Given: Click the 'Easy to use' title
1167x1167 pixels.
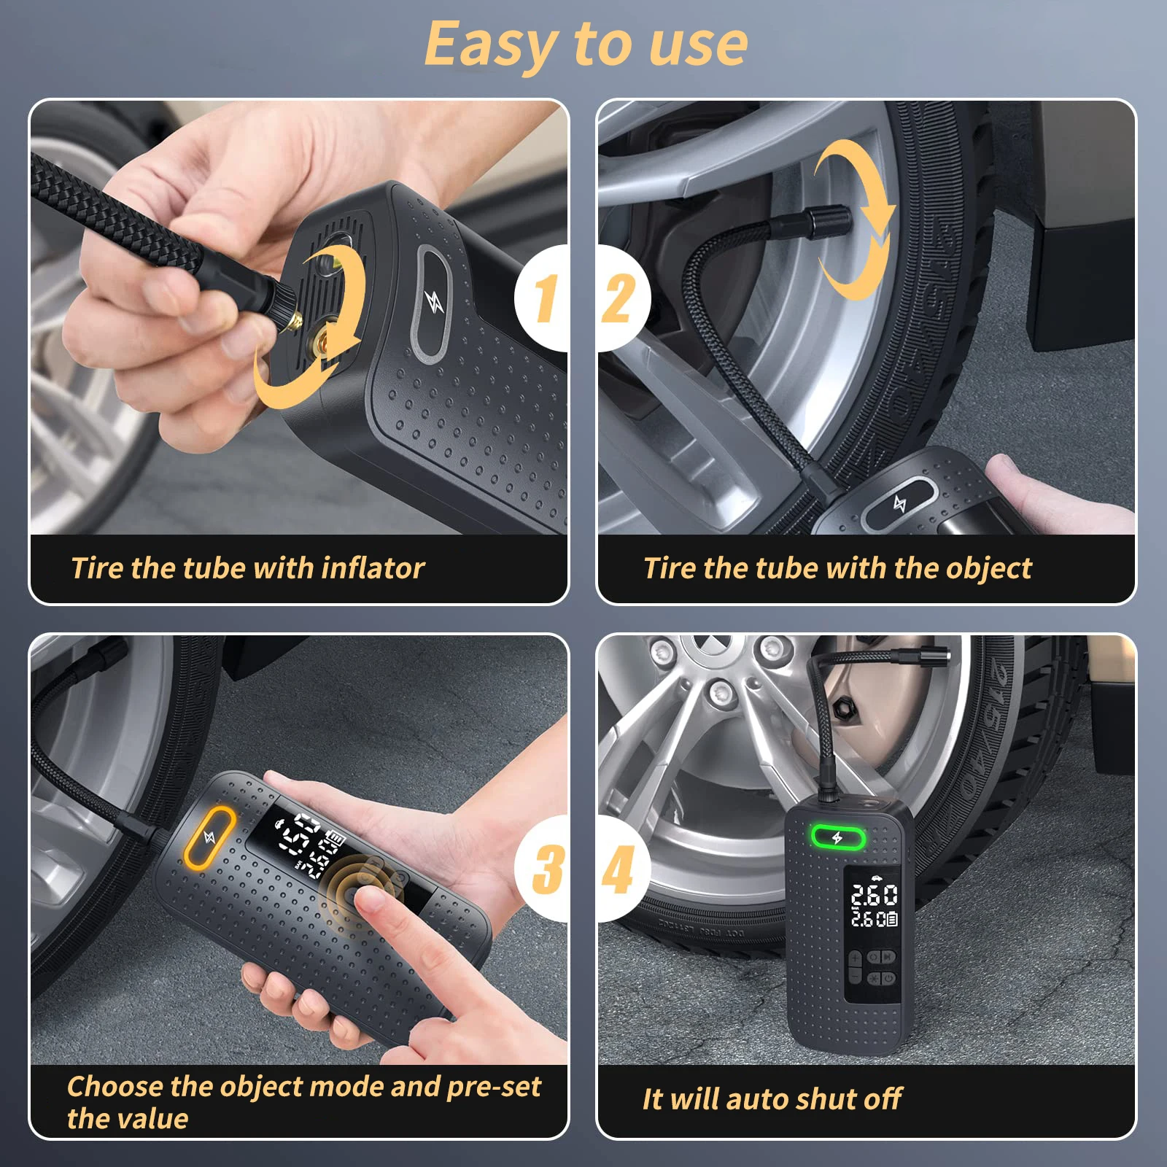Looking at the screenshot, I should [586, 44].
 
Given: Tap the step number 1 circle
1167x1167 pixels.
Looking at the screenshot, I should [544, 298].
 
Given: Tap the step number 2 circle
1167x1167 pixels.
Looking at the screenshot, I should [620, 298].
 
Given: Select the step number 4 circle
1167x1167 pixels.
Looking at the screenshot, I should [620, 868].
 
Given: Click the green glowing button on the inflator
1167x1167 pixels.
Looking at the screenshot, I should [838, 838].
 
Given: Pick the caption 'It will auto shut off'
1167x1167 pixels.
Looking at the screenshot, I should [772, 1099].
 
